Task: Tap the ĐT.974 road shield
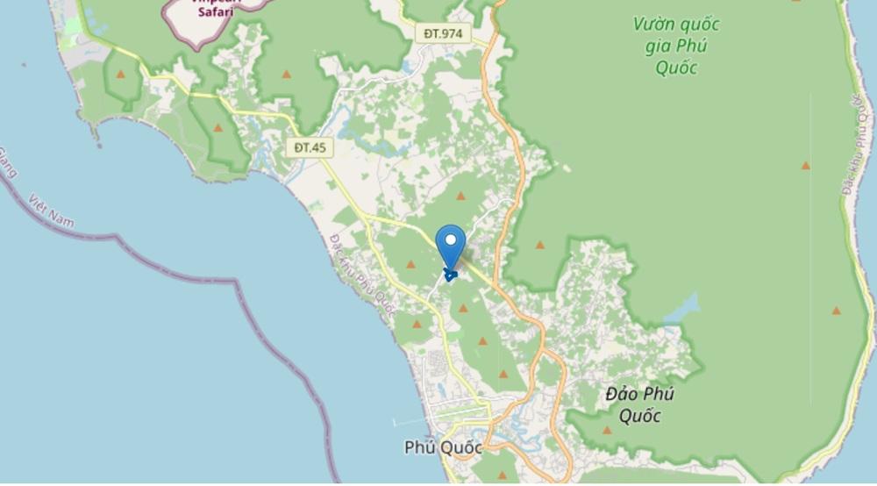pyautogui.click(x=443, y=33)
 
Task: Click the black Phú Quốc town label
pyautogui.click(x=443, y=447)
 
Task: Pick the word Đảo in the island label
pyautogui.click(x=623, y=394)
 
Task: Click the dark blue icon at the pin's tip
pyautogui.click(x=451, y=275)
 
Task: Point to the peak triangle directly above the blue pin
pyautogui.click(x=460, y=196)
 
